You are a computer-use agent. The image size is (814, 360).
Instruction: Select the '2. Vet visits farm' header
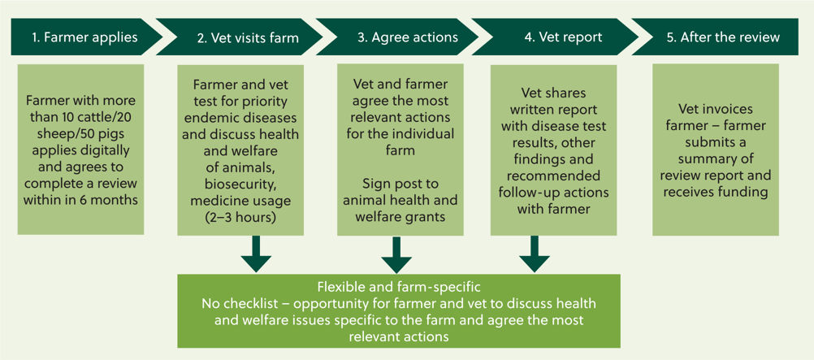pos(247,37)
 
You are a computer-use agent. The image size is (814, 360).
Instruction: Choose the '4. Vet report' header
pos(563,37)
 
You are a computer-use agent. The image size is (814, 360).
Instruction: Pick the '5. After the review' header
pos(723,37)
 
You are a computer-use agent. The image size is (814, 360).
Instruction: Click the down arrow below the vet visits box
pos(256,254)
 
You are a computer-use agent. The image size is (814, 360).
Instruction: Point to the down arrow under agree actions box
pos(396,254)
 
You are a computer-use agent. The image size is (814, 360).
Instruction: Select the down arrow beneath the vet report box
pos(535,254)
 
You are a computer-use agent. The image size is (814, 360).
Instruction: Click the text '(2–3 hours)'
pos(239,218)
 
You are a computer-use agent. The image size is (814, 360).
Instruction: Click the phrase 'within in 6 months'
pos(80,199)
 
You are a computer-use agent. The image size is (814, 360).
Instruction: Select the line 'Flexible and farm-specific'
pos(398,287)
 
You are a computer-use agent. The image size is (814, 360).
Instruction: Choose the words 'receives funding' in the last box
pos(715,192)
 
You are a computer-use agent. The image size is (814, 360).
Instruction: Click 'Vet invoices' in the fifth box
pos(715,110)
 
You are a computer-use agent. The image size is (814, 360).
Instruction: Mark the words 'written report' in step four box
pos(553,111)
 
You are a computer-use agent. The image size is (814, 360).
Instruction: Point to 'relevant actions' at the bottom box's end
pos(398,336)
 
